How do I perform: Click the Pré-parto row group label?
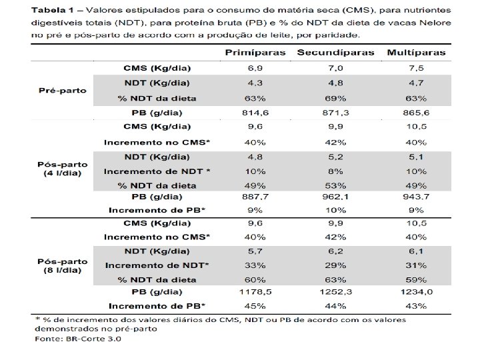63,91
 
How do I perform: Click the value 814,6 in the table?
255,113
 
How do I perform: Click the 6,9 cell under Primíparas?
255,69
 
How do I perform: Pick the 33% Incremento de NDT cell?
255,265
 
